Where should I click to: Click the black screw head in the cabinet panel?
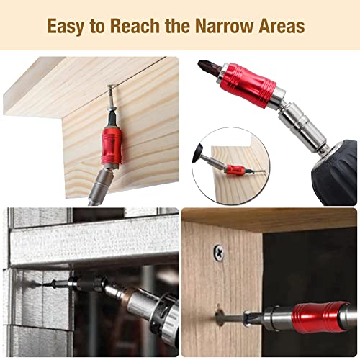tap(219, 252)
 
